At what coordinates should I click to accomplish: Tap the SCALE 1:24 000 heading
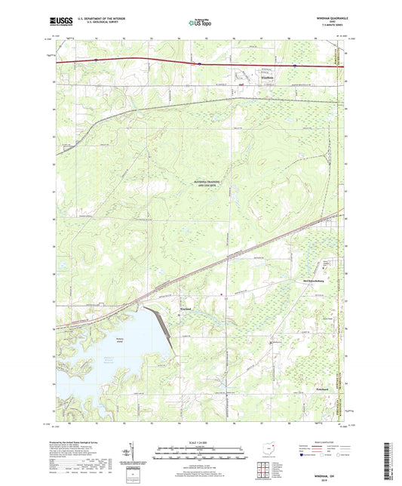click(200, 441)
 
